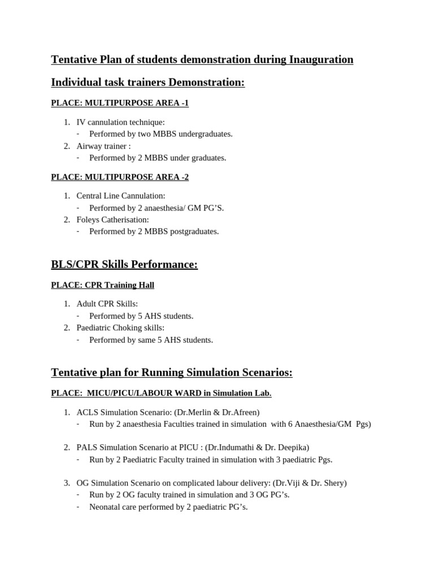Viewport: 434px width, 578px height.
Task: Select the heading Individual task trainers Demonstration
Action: (x=147, y=82)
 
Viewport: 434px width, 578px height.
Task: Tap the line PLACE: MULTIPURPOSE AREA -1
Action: (x=120, y=103)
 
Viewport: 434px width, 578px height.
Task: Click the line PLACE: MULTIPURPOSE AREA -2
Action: (x=120, y=177)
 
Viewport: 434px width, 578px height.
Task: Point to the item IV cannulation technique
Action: (x=120, y=122)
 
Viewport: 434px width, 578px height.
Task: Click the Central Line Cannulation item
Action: (x=120, y=196)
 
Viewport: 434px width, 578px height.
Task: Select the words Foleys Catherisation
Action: (x=112, y=220)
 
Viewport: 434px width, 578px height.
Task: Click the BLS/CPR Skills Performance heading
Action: (x=124, y=265)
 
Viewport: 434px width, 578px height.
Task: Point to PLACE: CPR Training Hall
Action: (x=102, y=285)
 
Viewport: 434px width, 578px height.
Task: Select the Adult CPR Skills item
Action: (x=107, y=304)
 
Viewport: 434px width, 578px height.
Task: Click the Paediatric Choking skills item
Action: (x=121, y=327)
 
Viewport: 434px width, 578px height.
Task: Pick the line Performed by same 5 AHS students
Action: (x=151, y=340)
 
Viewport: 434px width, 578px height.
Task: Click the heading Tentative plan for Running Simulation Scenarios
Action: (x=172, y=373)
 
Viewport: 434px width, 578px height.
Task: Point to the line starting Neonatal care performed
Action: (x=168, y=507)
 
